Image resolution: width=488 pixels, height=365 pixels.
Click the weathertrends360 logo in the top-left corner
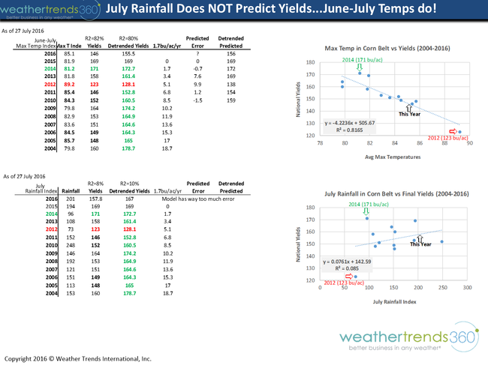46,10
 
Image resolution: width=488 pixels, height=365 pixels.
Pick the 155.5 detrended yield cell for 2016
128,54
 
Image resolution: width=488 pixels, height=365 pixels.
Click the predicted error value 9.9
197,85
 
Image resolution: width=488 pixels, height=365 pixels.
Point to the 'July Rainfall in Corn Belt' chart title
386,193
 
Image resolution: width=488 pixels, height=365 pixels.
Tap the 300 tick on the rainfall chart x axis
466,287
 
